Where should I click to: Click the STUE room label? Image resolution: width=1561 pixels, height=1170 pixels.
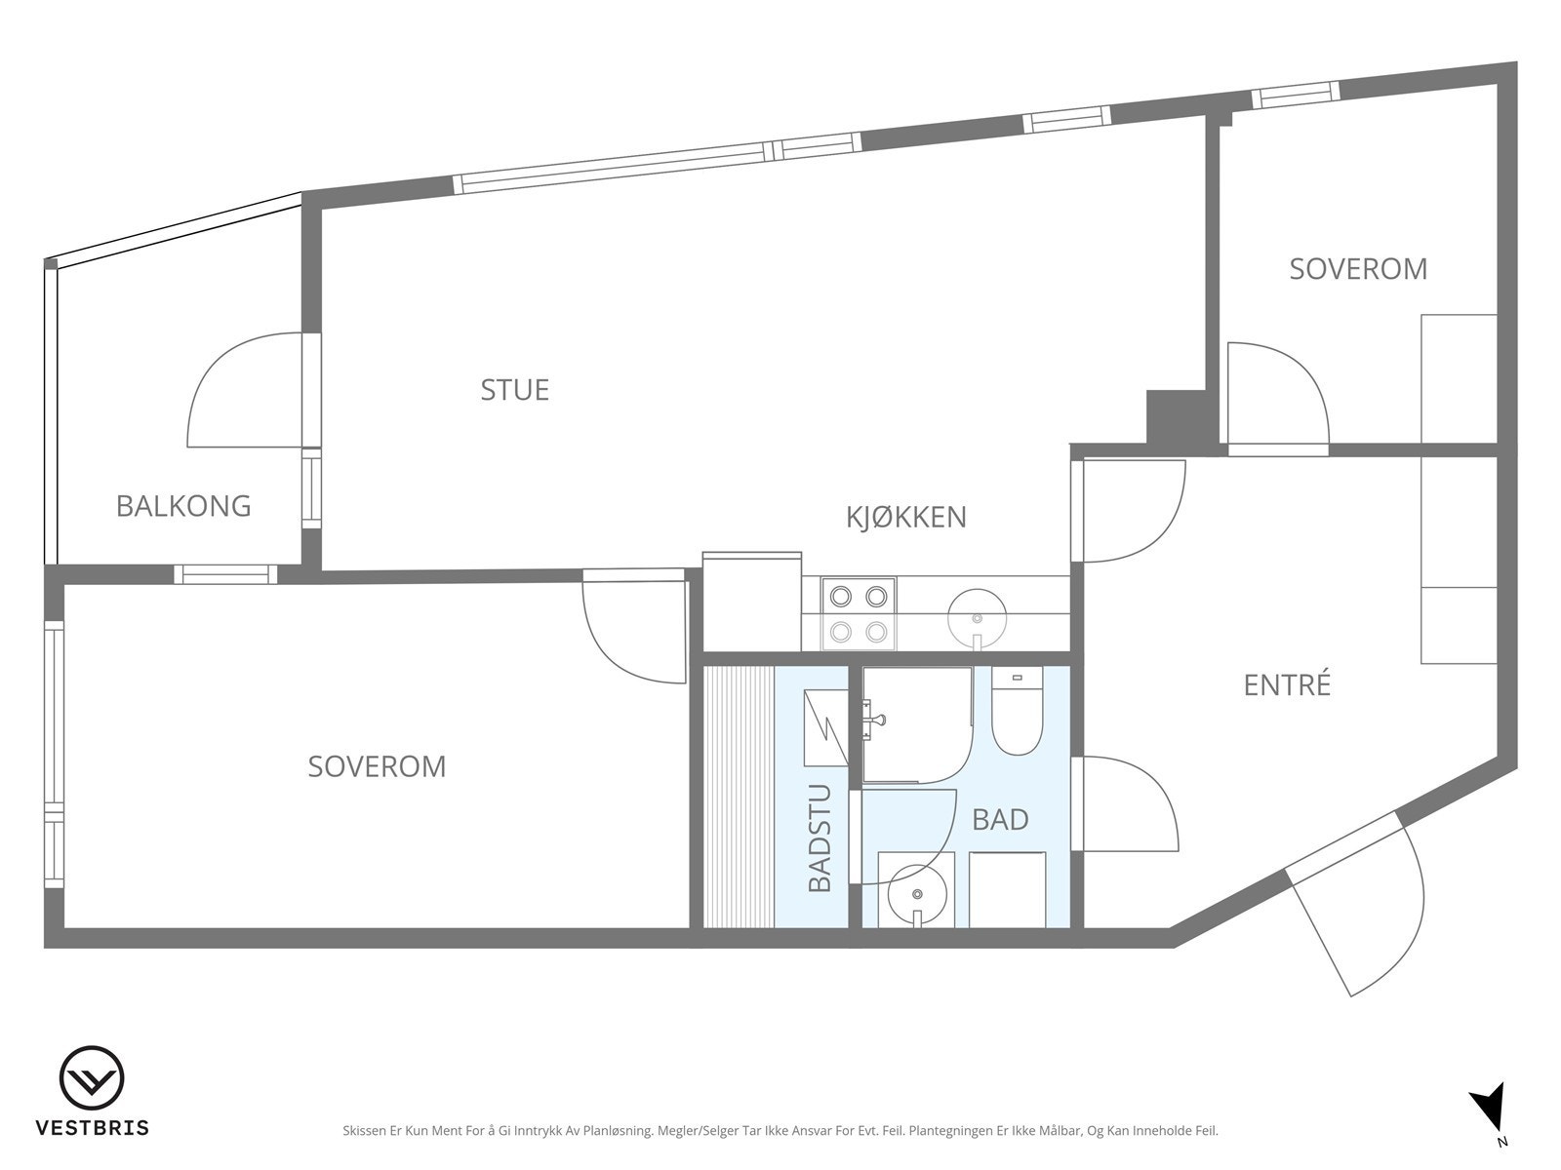[x=515, y=390]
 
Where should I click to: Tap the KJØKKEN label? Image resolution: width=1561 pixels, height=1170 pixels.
[x=906, y=517]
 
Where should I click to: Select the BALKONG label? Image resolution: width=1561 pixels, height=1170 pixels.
[x=183, y=506]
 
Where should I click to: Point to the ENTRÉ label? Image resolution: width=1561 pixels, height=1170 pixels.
[x=1287, y=684]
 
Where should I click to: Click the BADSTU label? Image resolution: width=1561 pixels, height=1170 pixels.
[x=820, y=838]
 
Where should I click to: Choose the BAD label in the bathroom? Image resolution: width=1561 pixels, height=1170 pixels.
[x=1001, y=820]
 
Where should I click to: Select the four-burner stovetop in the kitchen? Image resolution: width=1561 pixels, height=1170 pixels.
[x=859, y=614]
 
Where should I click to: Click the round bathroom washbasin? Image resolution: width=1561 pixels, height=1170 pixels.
[x=917, y=894]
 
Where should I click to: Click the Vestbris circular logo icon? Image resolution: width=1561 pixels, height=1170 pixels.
[x=92, y=1078]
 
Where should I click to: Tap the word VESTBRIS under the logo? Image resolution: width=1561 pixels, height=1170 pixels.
[x=93, y=1127]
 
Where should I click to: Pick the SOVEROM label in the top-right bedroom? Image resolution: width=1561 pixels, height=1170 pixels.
[x=1358, y=269]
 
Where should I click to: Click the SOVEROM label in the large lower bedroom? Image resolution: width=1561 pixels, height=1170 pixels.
[x=377, y=766]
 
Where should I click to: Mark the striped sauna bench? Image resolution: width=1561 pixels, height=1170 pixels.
[x=739, y=797]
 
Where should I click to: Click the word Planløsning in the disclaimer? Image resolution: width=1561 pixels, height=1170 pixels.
[x=618, y=1130]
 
